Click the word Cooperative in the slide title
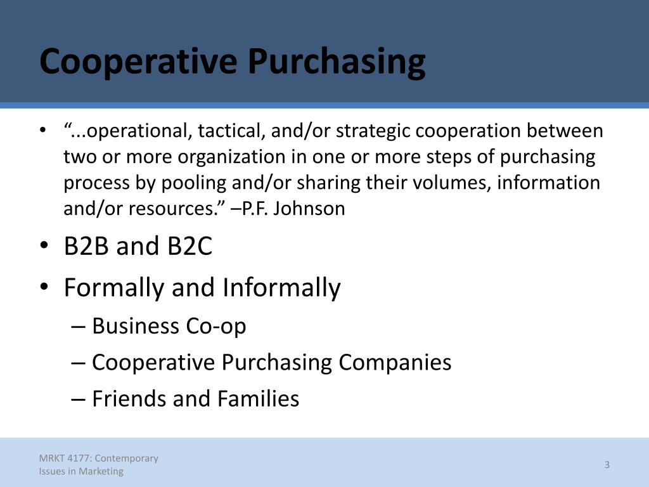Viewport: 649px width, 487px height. (x=138, y=62)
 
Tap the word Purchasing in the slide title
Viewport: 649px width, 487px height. (x=337, y=62)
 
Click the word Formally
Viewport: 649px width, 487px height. (x=114, y=288)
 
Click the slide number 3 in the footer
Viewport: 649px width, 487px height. (x=607, y=465)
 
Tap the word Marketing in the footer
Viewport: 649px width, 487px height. (x=101, y=472)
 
